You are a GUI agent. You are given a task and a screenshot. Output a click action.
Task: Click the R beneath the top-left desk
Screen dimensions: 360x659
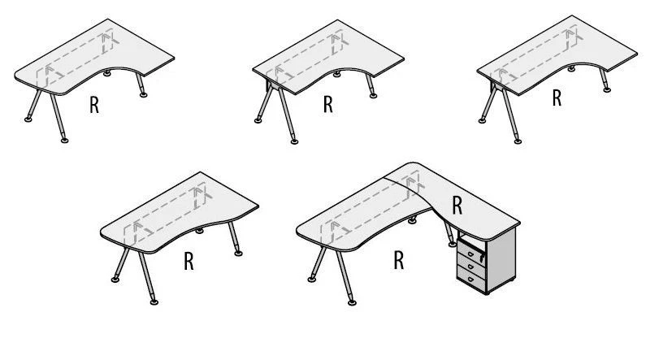pyautogui.click(x=94, y=106)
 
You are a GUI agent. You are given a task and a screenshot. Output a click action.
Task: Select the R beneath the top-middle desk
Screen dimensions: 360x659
pyautogui.click(x=327, y=105)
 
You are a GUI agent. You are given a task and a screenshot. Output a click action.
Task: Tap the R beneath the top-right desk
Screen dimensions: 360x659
pyautogui.click(x=557, y=98)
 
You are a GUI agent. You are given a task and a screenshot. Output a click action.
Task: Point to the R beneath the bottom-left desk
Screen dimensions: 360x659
pyautogui.click(x=189, y=262)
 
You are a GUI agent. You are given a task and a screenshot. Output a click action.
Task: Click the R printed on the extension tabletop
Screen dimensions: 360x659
pyautogui.click(x=457, y=206)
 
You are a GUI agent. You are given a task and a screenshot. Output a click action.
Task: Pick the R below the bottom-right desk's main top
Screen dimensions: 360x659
pyautogui.click(x=399, y=260)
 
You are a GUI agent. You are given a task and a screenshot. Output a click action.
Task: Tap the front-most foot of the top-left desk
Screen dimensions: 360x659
pyautogui.click(x=65, y=141)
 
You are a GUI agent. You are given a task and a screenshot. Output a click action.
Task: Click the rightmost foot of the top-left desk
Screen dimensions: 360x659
pyautogui.click(x=144, y=95)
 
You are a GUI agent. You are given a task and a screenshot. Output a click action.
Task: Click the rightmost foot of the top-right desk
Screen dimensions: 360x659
pyautogui.click(x=605, y=92)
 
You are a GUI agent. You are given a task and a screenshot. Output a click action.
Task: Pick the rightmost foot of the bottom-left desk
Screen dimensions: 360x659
pyautogui.click(x=238, y=254)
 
